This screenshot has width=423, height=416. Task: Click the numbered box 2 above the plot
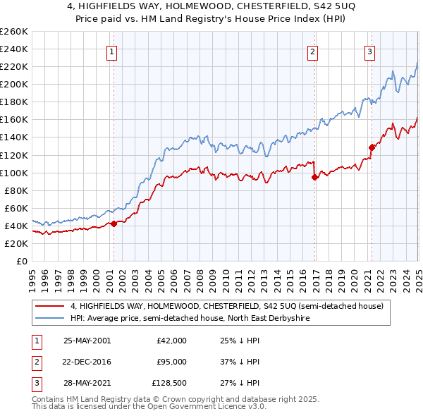[x=312, y=51]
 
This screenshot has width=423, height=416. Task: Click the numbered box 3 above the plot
[x=369, y=51]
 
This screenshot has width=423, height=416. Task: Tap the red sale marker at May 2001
[x=114, y=224]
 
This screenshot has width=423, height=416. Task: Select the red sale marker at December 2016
[x=314, y=177]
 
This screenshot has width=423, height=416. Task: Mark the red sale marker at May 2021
[x=372, y=147]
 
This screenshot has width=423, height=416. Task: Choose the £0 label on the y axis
[x=22, y=261]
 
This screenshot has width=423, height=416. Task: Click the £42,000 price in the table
[x=171, y=340]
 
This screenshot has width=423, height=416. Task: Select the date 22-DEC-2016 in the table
[x=87, y=362]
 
